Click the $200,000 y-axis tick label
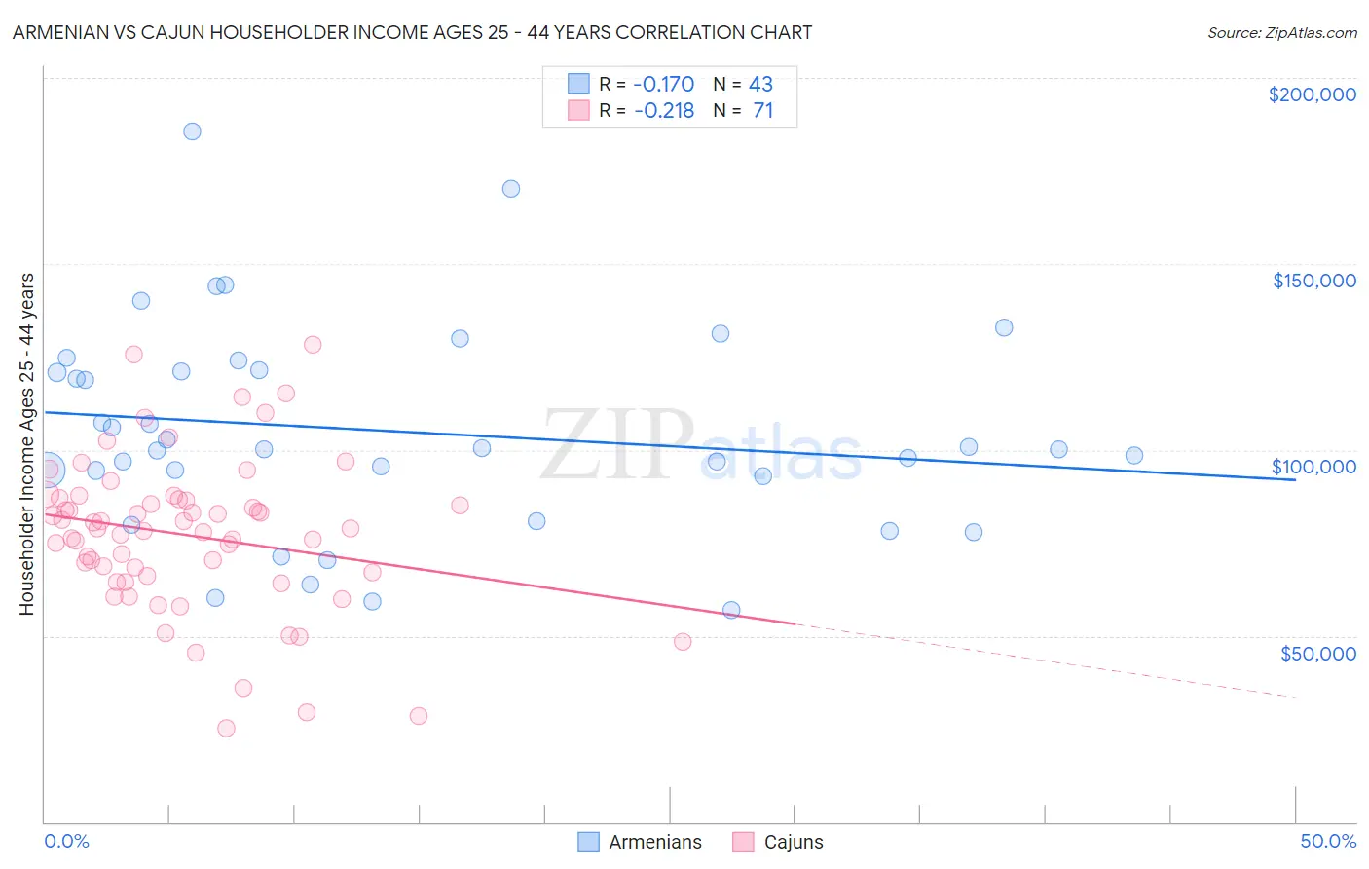tap(1312, 94)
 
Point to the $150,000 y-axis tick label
tap(1313, 281)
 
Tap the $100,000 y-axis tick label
tap(1313, 467)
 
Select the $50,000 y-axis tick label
tap(1317, 653)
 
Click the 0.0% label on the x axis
tap(66, 841)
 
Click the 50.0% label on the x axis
tap(1328, 841)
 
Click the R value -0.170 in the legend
tap(663, 84)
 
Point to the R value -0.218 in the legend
tap(663, 110)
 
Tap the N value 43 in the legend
tap(760, 84)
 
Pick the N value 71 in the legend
tap(762, 110)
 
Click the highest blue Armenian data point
tap(192, 132)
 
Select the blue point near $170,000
tap(511, 189)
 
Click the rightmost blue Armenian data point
tap(1133, 455)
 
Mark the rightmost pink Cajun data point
tap(683, 641)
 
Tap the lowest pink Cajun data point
tap(226, 728)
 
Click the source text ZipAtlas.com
tap(1281, 32)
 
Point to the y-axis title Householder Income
tap(26, 444)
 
